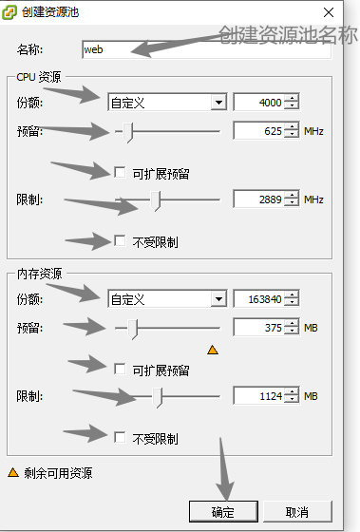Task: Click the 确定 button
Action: tap(223, 512)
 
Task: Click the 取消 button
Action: tap(296, 512)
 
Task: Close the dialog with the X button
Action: tap(329, 13)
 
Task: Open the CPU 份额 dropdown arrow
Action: tap(218, 102)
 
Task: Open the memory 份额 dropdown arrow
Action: tap(218, 299)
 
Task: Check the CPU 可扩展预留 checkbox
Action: tap(120, 173)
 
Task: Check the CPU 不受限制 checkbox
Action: tap(120, 240)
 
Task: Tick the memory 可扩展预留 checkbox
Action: tap(120, 369)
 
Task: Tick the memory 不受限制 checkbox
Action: tap(120, 437)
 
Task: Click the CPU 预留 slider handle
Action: tap(131, 131)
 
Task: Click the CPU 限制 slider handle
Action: tap(158, 199)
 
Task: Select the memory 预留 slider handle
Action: tap(135, 329)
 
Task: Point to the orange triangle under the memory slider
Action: tap(213, 350)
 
